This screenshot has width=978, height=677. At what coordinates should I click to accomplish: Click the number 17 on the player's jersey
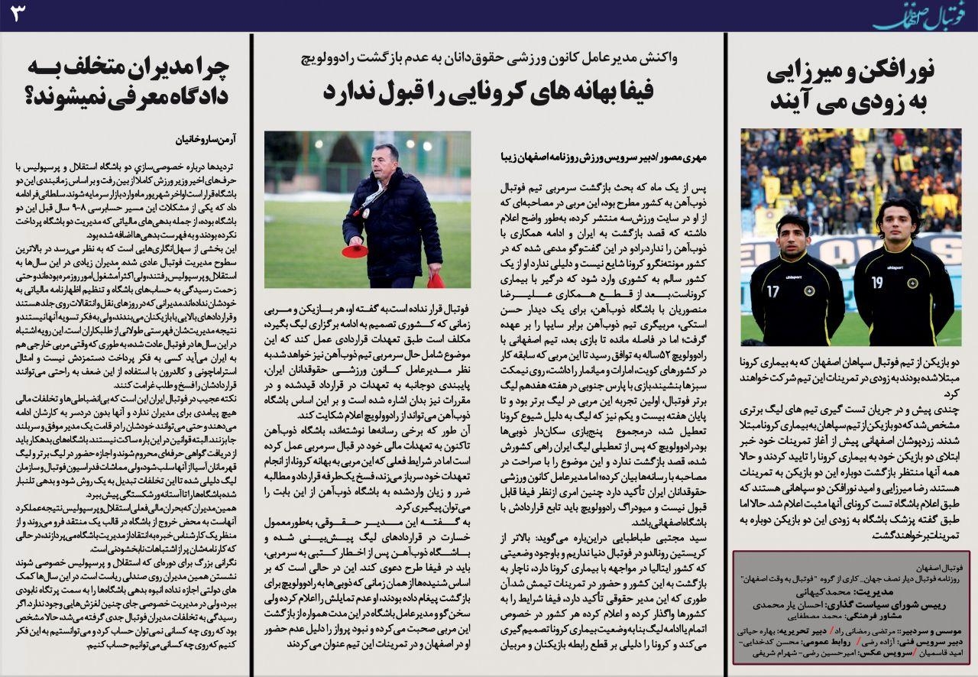(x=772, y=291)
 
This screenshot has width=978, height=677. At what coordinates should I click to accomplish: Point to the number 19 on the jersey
(x=876, y=283)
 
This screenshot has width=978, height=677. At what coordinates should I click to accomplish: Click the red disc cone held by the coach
(x=355, y=251)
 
